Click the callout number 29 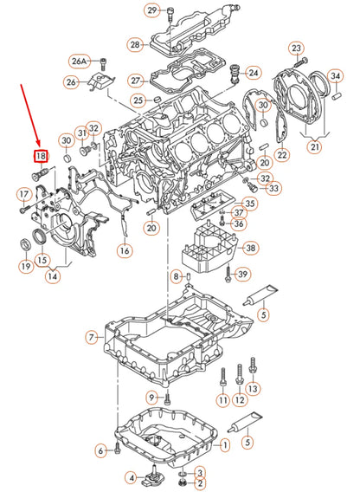152,10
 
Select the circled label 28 135,44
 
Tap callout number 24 253,72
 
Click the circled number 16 125,250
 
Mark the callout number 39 243,275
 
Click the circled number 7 93,337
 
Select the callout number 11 223,400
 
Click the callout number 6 101,450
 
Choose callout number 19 27,267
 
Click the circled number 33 274,188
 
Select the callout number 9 151,397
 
